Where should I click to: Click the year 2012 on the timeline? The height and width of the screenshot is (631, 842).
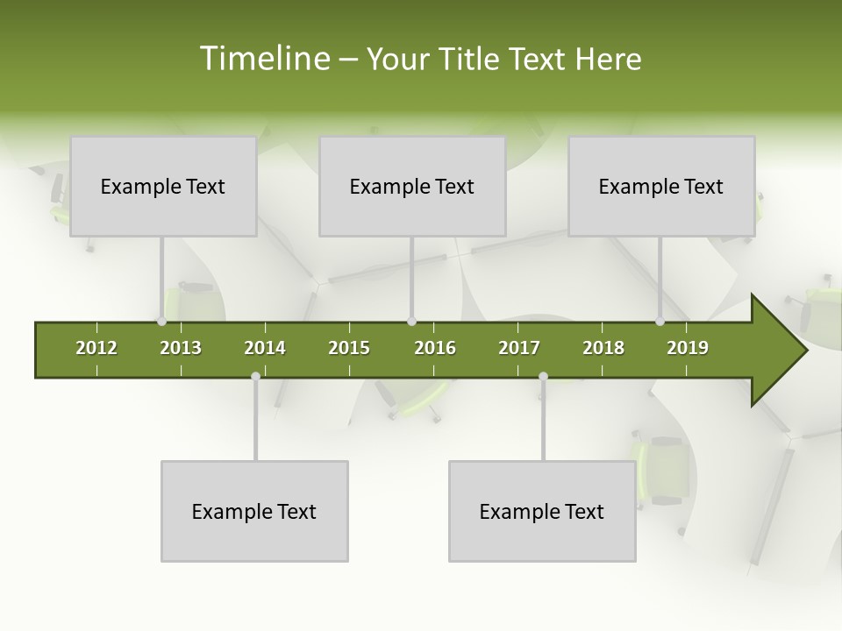[96, 348]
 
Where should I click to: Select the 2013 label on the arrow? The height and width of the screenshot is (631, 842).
[181, 348]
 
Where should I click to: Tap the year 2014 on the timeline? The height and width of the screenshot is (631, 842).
[265, 348]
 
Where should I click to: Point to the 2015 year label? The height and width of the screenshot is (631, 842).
[349, 348]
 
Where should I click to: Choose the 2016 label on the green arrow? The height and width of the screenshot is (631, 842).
[435, 348]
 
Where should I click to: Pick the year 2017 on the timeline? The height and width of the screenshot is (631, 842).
[519, 348]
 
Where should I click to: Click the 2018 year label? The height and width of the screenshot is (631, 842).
[603, 348]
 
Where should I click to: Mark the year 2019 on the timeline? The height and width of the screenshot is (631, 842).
[688, 348]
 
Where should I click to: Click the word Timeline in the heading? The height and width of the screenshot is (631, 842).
[263, 59]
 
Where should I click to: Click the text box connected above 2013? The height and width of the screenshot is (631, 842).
[163, 186]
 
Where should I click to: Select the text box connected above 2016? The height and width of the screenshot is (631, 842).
[412, 186]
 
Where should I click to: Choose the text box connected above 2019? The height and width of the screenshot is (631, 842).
[661, 186]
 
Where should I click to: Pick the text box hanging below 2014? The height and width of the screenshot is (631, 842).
[254, 511]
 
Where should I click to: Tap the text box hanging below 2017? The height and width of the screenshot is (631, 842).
[542, 511]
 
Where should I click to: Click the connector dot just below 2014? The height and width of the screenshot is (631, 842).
[255, 377]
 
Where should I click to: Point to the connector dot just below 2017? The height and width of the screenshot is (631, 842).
[543, 377]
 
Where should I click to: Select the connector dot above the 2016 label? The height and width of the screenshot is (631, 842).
[411, 322]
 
